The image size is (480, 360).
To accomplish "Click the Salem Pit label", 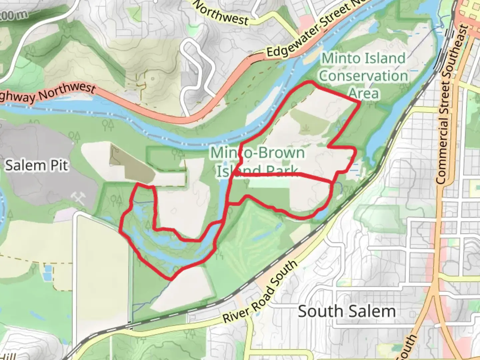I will pos(36,165).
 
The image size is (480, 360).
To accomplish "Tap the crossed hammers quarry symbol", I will pos(79,198).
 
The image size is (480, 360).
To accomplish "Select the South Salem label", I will pos(347,311).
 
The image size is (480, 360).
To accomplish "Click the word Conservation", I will pos(363,76).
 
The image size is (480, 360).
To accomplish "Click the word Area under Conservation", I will pos(364,93).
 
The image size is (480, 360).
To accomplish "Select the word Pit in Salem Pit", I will pos(59,165).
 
